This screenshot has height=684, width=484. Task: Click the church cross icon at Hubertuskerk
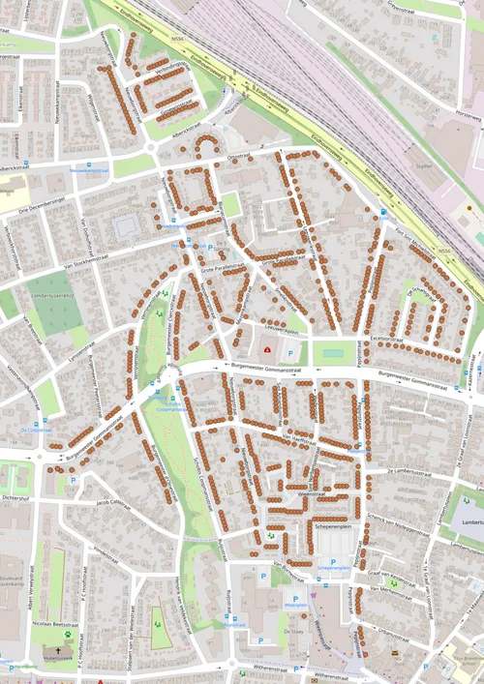67,661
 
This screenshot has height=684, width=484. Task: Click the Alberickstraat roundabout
154,148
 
